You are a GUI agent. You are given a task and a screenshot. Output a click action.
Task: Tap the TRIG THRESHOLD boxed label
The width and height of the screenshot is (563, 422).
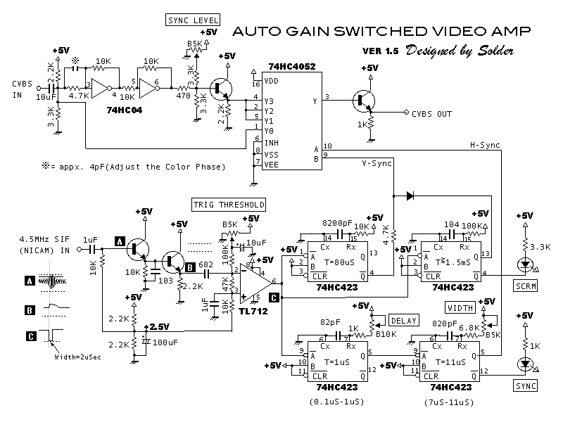(x=229, y=205)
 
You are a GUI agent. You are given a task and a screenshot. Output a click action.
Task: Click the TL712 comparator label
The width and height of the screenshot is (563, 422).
(x=253, y=311)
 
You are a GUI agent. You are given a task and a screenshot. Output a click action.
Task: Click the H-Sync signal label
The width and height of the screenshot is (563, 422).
(x=485, y=145)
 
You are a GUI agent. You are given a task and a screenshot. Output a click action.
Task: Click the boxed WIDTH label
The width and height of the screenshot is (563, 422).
(x=460, y=307)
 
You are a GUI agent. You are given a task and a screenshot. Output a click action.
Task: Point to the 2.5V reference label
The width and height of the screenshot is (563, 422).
(x=158, y=327)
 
